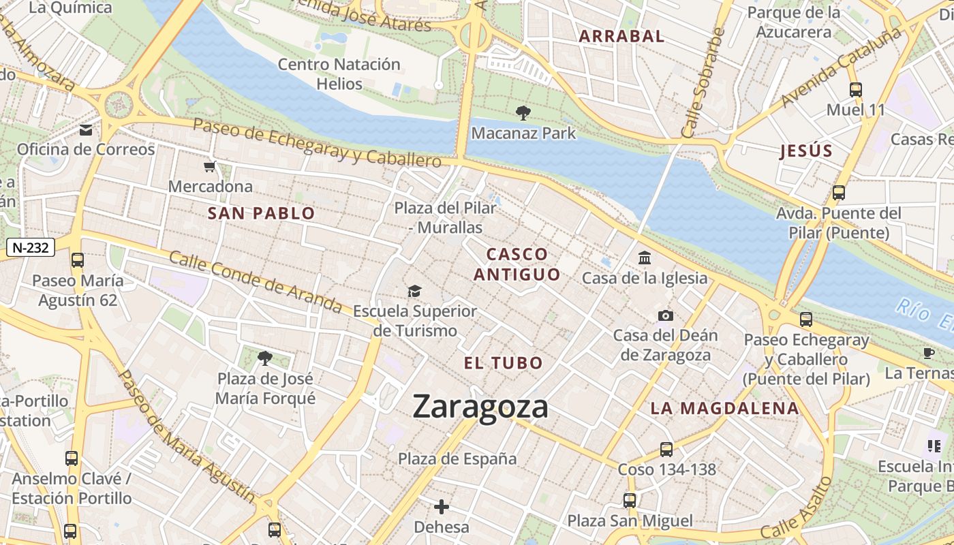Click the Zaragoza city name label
(x=480, y=407)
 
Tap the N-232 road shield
(x=31, y=247)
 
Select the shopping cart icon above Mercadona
(x=210, y=167)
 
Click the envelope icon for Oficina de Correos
(x=86, y=130)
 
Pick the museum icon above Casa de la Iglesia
(x=645, y=258)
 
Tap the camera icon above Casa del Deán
(x=666, y=315)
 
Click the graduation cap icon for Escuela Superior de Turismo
(x=414, y=292)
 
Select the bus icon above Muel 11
(x=856, y=90)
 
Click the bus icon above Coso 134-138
(x=666, y=450)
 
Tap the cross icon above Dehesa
(x=442, y=507)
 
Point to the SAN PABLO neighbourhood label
(x=261, y=213)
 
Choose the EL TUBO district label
(x=503, y=362)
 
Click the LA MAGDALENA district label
(x=724, y=408)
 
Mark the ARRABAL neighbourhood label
(x=621, y=37)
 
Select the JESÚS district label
(x=806, y=151)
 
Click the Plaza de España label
(x=457, y=458)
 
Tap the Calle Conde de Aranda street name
(x=256, y=281)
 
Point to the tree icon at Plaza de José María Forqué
(x=265, y=358)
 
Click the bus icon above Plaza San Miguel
(x=630, y=501)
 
